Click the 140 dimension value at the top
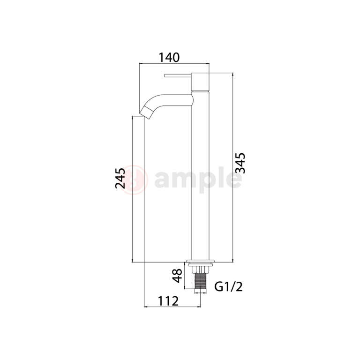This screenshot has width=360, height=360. pyautogui.click(x=169, y=58)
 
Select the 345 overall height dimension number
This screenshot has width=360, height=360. pyautogui.click(x=240, y=163)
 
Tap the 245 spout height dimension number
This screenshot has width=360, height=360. pyautogui.click(x=120, y=178)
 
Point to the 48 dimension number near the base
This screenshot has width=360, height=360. pyautogui.click(x=177, y=275)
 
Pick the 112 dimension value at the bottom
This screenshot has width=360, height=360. pyautogui.click(x=168, y=300)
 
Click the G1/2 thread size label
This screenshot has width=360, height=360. pyautogui.click(x=228, y=286)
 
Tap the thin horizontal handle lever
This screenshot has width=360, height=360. pyautogui.click(x=178, y=75)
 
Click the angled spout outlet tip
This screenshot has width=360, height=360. pyautogui.click(x=146, y=111)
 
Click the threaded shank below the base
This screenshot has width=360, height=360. pyautogui.click(x=201, y=280)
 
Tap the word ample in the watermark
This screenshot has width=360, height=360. pyautogui.click(x=197, y=179)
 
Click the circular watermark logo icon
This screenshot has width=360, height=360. pyautogui.click(x=136, y=179)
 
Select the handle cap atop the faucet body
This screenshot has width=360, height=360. pyautogui.click(x=200, y=82)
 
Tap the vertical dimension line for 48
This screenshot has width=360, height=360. pyautogui.click(x=186, y=277)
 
